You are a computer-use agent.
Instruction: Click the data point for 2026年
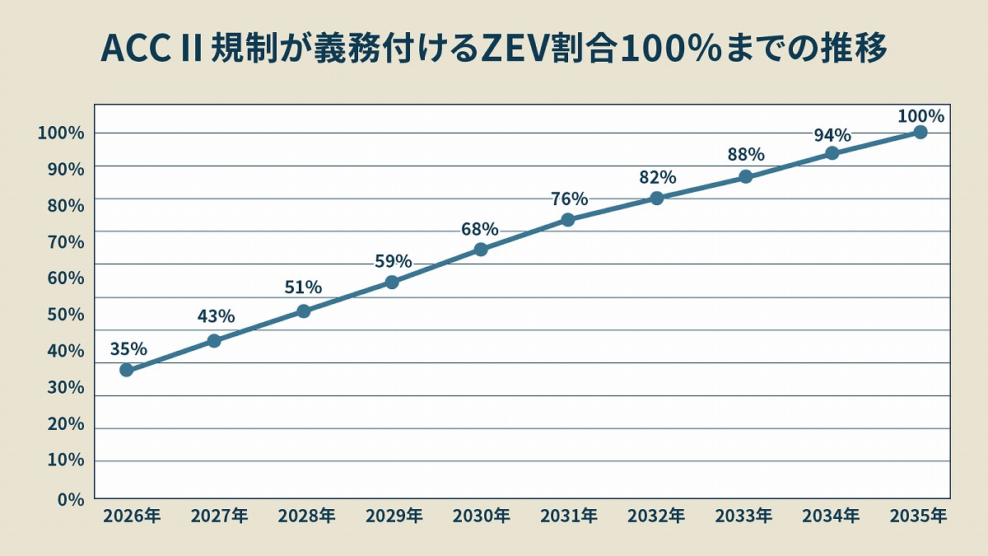click(126, 370)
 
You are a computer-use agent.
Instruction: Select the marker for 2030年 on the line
click(481, 250)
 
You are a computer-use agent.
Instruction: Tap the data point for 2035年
click(920, 133)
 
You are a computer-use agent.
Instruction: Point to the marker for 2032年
click(657, 198)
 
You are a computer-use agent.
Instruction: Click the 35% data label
click(128, 348)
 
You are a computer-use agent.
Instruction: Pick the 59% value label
click(393, 261)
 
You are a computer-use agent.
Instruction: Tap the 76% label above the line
click(569, 199)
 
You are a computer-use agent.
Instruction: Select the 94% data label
click(832, 135)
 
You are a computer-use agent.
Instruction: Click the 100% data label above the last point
click(920, 116)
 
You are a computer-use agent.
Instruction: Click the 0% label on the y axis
click(72, 498)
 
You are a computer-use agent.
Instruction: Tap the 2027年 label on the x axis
click(219, 516)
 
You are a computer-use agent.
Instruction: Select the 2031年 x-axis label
click(569, 516)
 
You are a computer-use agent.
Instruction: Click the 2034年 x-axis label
click(832, 516)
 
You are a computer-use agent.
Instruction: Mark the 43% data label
click(216, 316)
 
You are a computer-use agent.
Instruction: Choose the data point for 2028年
click(303, 311)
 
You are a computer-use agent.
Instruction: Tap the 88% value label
click(746, 154)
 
